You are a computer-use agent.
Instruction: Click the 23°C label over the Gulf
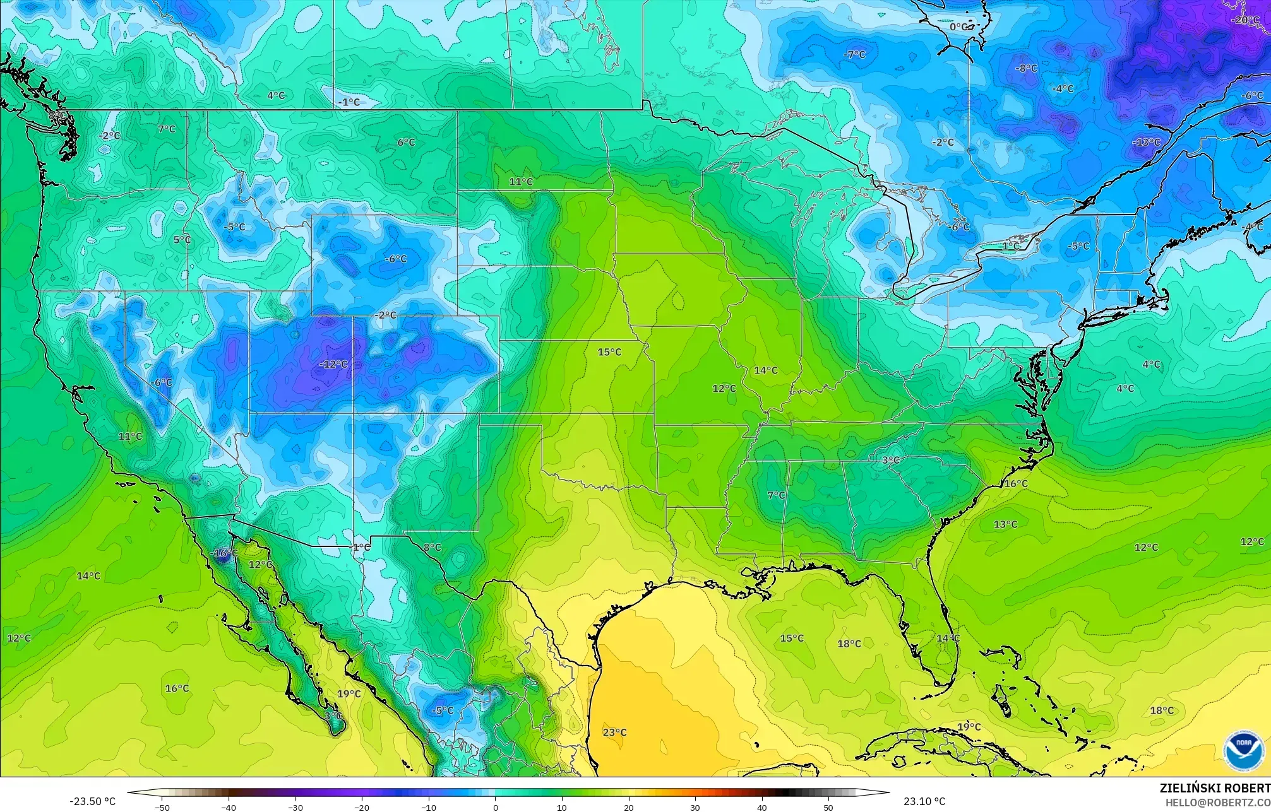pyautogui.click(x=614, y=732)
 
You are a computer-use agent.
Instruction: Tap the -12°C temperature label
pyautogui.click(x=333, y=364)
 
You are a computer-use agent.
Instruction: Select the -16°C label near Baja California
pyautogui.click(x=224, y=553)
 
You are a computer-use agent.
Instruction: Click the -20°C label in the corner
pyautogui.click(x=1245, y=20)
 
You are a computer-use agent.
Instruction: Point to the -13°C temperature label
pyautogui.click(x=1146, y=142)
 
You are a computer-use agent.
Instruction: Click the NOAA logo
pyautogui.click(x=1243, y=750)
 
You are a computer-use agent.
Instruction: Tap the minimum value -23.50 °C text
pyautogui.click(x=93, y=801)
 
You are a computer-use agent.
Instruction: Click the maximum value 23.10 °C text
pyautogui.click(x=924, y=801)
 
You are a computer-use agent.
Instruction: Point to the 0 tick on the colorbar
pyautogui.click(x=496, y=807)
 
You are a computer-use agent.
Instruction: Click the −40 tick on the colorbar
pyautogui.click(x=229, y=807)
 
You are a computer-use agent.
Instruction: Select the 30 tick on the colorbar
pyautogui.click(x=695, y=807)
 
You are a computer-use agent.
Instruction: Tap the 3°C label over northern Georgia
pyautogui.click(x=890, y=460)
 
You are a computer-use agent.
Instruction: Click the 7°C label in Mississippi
pyautogui.click(x=776, y=495)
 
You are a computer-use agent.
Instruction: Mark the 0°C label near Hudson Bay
pyautogui.click(x=958, y=26)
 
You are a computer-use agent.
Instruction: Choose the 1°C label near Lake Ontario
pyautogui.click(x=1011, y=246)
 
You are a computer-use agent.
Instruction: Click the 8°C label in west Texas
pyautogui.click(x=432, y=547)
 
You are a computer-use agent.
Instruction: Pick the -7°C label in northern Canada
pyautogui.click(x=854, y=55)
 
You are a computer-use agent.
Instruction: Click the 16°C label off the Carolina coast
pyautogui.click(x=1016, y=483)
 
